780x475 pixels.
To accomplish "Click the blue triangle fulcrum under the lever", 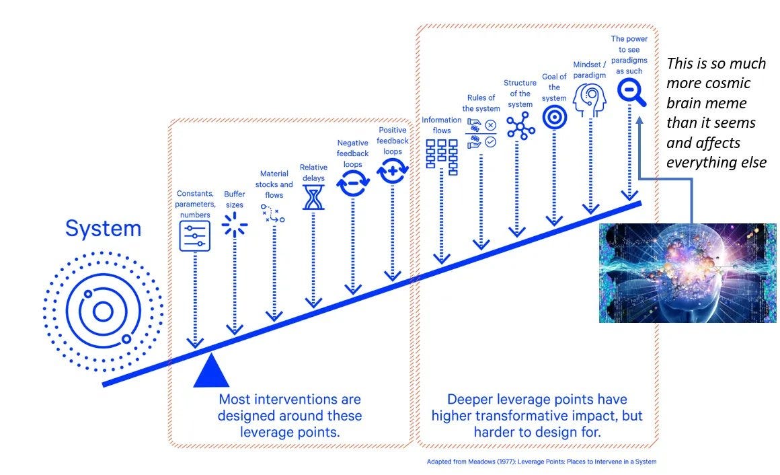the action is click(211, 371).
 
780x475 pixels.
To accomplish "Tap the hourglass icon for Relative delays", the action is click(313, 197).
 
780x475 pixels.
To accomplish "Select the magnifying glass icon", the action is click(631, 93).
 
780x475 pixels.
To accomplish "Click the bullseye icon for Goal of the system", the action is click(554, 118).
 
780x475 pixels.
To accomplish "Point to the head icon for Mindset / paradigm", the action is click(590, 100).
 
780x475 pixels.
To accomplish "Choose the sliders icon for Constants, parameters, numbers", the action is click(194, 236).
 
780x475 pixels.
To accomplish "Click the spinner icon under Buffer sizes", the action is click(234, 225).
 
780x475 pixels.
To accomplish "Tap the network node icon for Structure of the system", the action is click(520, 125).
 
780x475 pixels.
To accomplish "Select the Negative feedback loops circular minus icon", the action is click(353, 183).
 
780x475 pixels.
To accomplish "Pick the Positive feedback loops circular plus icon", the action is click(393, 171).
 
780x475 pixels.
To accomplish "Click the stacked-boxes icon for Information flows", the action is click(442, 157).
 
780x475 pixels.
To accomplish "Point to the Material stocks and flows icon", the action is click(272, 213).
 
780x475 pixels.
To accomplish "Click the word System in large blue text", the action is click(104, 229).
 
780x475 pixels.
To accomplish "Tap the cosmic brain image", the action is click(687, 273).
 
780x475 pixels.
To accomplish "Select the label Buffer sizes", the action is click(234, 199).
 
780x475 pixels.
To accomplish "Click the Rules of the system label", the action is click(481, 103).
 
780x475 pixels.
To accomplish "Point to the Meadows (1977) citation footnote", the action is click(542, 462).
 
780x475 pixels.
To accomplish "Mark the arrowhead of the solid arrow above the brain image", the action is click(639, 120).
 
